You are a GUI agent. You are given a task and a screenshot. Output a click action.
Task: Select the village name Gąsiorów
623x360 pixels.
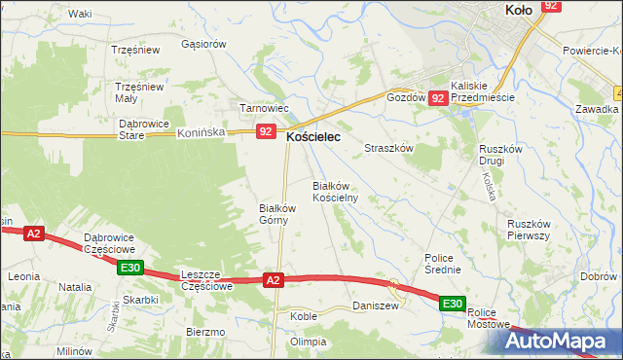204,44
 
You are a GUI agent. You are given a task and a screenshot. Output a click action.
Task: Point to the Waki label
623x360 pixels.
80,14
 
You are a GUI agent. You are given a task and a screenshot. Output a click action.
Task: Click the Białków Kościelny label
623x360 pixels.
335,191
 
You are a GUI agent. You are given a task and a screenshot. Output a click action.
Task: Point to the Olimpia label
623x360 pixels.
308,342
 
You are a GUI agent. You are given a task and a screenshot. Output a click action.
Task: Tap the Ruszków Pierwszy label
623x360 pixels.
530,229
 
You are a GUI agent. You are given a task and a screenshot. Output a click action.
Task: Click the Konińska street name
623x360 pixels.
202,135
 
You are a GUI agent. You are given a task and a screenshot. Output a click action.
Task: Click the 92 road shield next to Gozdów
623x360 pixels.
438,98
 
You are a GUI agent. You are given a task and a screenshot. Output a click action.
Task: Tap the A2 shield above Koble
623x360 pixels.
274,280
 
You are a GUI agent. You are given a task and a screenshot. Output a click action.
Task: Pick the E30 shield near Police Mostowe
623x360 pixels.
452,305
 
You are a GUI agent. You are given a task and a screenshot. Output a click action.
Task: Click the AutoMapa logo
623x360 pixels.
564,342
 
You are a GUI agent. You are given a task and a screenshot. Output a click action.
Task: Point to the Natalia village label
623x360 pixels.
75,287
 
